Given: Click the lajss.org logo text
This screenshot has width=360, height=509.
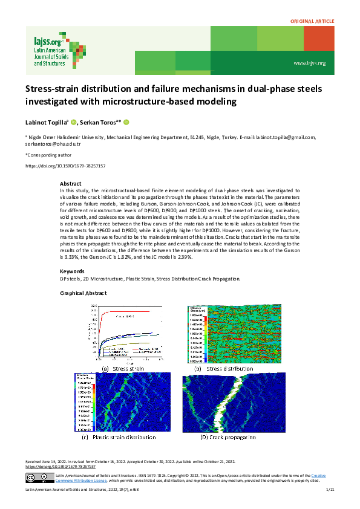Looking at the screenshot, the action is pos(48,42).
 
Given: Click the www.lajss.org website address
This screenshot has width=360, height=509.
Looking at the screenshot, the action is pos(309,63).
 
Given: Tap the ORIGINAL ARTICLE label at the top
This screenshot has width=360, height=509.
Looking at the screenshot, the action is pos(312,21).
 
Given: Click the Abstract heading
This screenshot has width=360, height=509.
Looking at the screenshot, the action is pos(71,183).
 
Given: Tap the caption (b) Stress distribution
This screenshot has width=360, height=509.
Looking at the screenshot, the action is pos(222,368).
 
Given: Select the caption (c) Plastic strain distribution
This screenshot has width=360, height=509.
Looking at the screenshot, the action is pos(119,436).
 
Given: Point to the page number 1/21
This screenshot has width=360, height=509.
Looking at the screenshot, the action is pos(330,496).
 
